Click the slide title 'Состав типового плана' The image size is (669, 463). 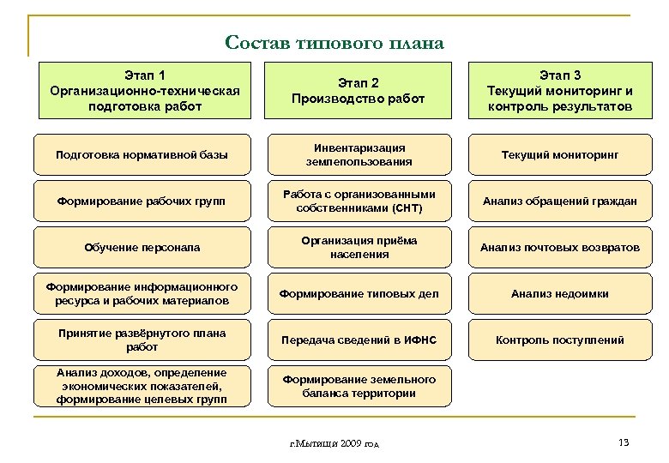(x=334, y=42)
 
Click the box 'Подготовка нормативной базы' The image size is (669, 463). (x=142, y=155)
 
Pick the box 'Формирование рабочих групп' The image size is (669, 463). (x=142, y=201)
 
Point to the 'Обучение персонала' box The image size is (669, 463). (x=142, y=248)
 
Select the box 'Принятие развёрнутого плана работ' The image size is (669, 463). (x=142, y=340)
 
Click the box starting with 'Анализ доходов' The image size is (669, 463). (x=142, y=386)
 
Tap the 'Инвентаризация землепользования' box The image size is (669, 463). (x=359, y=155)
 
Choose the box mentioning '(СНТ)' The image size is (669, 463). (x=359, y=201)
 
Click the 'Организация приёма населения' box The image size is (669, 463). (x=359, y=248)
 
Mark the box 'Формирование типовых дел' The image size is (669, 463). (x=359, y=294)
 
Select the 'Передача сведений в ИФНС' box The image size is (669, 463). (x=359, y=340)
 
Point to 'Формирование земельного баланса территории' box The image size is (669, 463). (x=359, y=386)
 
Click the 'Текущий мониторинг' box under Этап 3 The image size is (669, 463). (x=559, y=155)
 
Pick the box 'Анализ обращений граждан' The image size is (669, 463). (x=559, y=201)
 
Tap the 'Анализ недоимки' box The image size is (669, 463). (x=559, y=294)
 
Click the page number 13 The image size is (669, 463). (x=624, y=442)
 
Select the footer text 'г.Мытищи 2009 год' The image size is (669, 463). (x=334, y=443)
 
